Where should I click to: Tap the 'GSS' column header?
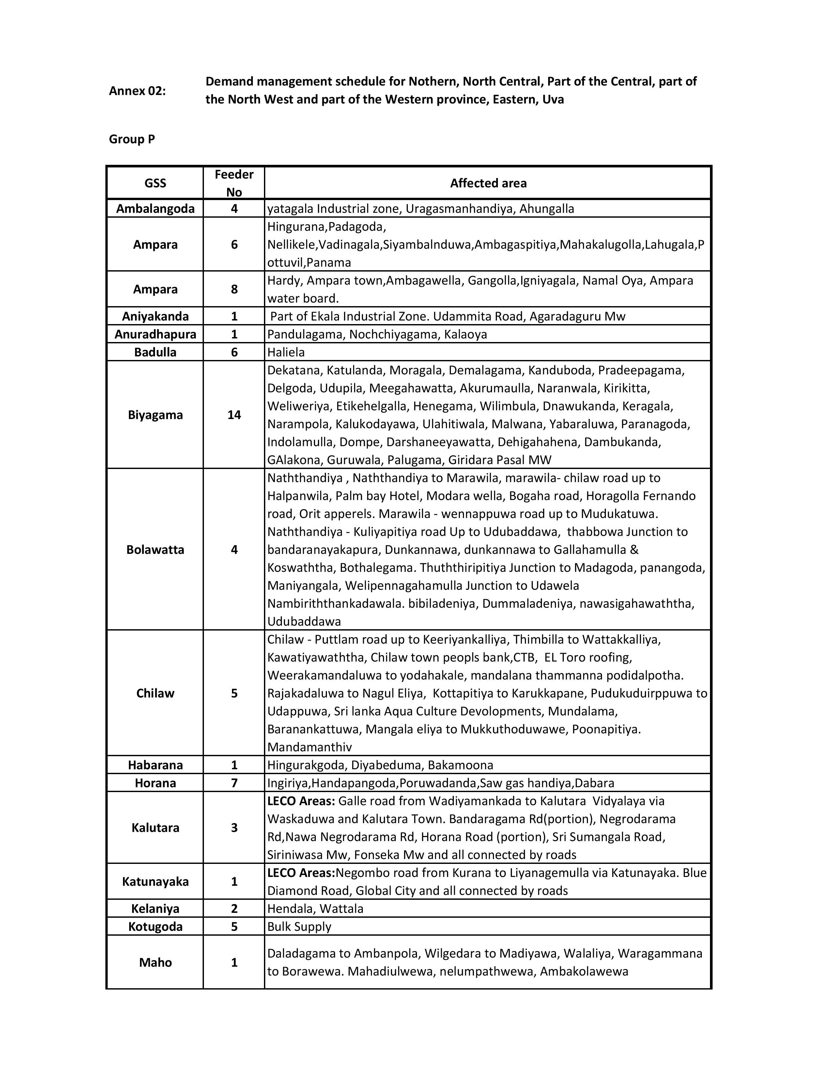(155, 183)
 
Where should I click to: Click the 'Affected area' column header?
(488, 183)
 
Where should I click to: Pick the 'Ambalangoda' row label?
(155, 209)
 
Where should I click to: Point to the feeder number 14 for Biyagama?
(234, 415)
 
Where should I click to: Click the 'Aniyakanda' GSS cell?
(155, 316)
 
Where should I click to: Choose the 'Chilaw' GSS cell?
(155, 693)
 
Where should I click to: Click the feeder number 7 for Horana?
(234, 783)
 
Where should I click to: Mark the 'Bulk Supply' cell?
(299, 927)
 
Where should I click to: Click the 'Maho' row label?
(155, 962)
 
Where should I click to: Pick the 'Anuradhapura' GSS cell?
(155, 334)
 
